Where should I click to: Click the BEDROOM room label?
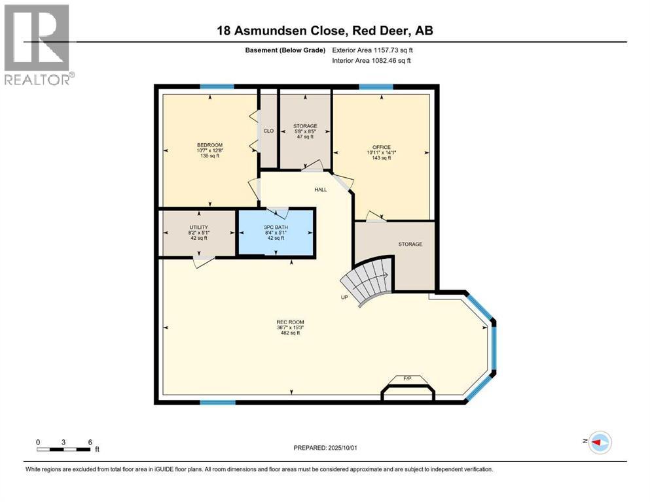pyautogui.click(x=209, y=145)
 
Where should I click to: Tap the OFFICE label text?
pyautogui.click(x=382, y=147)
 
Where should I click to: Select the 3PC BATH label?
pyautogui.click(x=276, y=227)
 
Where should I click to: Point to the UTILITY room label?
pyautogui.click(x=199, y=227)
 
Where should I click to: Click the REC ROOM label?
pyautogui.click(x=290, y=322)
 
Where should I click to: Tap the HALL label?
pyautogui.click(x=321, y=190)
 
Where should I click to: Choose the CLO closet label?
pyautogui.click(x=268, y=131)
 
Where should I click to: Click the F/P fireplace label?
pyautogui.click(x=408, y=378)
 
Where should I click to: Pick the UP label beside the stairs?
pyautogui.click(x=344, y=297)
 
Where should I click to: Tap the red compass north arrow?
pyautogui.click(x=596, y=442)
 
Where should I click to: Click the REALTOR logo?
pyautogui.click(x=38, y=44)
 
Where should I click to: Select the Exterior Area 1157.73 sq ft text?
pyautogui.click(x=372, y=50)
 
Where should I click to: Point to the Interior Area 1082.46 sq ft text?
pyautogui.click(x=371, y=60)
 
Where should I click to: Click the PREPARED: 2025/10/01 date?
pyautogui.click(x=325, y=448)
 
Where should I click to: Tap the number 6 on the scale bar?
pyautogui.click(x=90, y=442)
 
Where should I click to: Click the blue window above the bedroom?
pyautogui.click(x=217, y=86)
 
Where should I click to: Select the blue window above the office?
pyautogui.click(x=376, y=86)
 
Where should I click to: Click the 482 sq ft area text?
pyautogui.click(x=290, y=333)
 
